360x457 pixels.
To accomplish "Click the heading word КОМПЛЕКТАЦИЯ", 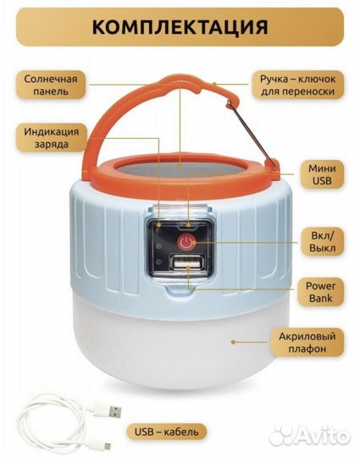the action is [180, 27].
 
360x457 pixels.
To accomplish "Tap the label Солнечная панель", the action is [51, 85].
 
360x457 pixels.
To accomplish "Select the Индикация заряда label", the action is [52, 138].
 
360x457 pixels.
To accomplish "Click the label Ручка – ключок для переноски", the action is [297, 85].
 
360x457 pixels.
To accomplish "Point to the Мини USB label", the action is [322, 174].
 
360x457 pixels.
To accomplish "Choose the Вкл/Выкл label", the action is [322, 242].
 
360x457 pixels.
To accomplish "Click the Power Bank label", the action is [321, 292].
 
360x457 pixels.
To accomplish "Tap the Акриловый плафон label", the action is [307, 343].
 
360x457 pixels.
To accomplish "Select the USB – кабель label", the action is [166, 432].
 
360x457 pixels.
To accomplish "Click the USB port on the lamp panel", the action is [186, 263].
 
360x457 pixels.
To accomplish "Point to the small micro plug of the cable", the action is [107, 446].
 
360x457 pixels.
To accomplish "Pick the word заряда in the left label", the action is [52, 144].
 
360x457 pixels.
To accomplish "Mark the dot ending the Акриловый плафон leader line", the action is [233, 342].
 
